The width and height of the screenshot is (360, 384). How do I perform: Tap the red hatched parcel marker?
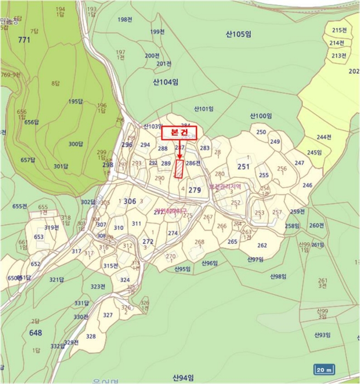[x=179, y=169]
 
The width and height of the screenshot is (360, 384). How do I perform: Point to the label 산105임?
[x=238, y=34]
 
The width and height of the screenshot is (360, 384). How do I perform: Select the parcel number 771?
[x=24, y=40]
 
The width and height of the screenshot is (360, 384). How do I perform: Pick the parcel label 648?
[x=36, y=333]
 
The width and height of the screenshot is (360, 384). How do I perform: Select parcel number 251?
[x=243, y=167]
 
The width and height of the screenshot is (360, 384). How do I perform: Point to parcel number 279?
[x=195, y=190]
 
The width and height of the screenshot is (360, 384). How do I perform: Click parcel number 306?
[x=130, y=202]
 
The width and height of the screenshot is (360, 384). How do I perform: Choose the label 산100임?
[x=261, y=116]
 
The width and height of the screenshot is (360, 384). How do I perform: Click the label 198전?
[x=125, y=20]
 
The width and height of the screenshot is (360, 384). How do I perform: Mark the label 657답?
[x=27, y=160]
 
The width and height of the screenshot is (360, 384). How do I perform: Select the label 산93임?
[x=323, y=335]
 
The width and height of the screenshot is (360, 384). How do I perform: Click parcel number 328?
[x=91, y=336]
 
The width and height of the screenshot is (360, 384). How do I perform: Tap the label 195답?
[x=75, y=101]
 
